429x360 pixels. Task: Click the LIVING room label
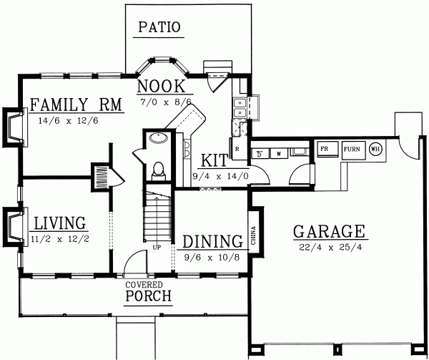pos(60,223)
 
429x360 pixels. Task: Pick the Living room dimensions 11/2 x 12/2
pos(61,238)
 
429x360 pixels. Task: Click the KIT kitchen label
pos(214,159)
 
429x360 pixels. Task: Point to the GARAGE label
pos(329,232)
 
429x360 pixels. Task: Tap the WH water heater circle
pos(375,150)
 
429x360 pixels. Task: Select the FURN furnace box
pos(351,150)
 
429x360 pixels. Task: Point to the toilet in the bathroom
pos(159,171)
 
